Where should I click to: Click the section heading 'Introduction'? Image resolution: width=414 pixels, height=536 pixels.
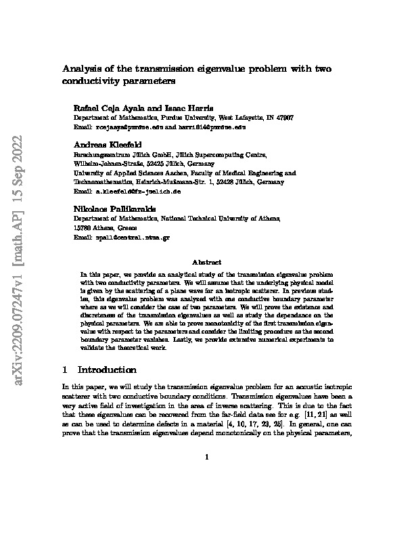(108, 370)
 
